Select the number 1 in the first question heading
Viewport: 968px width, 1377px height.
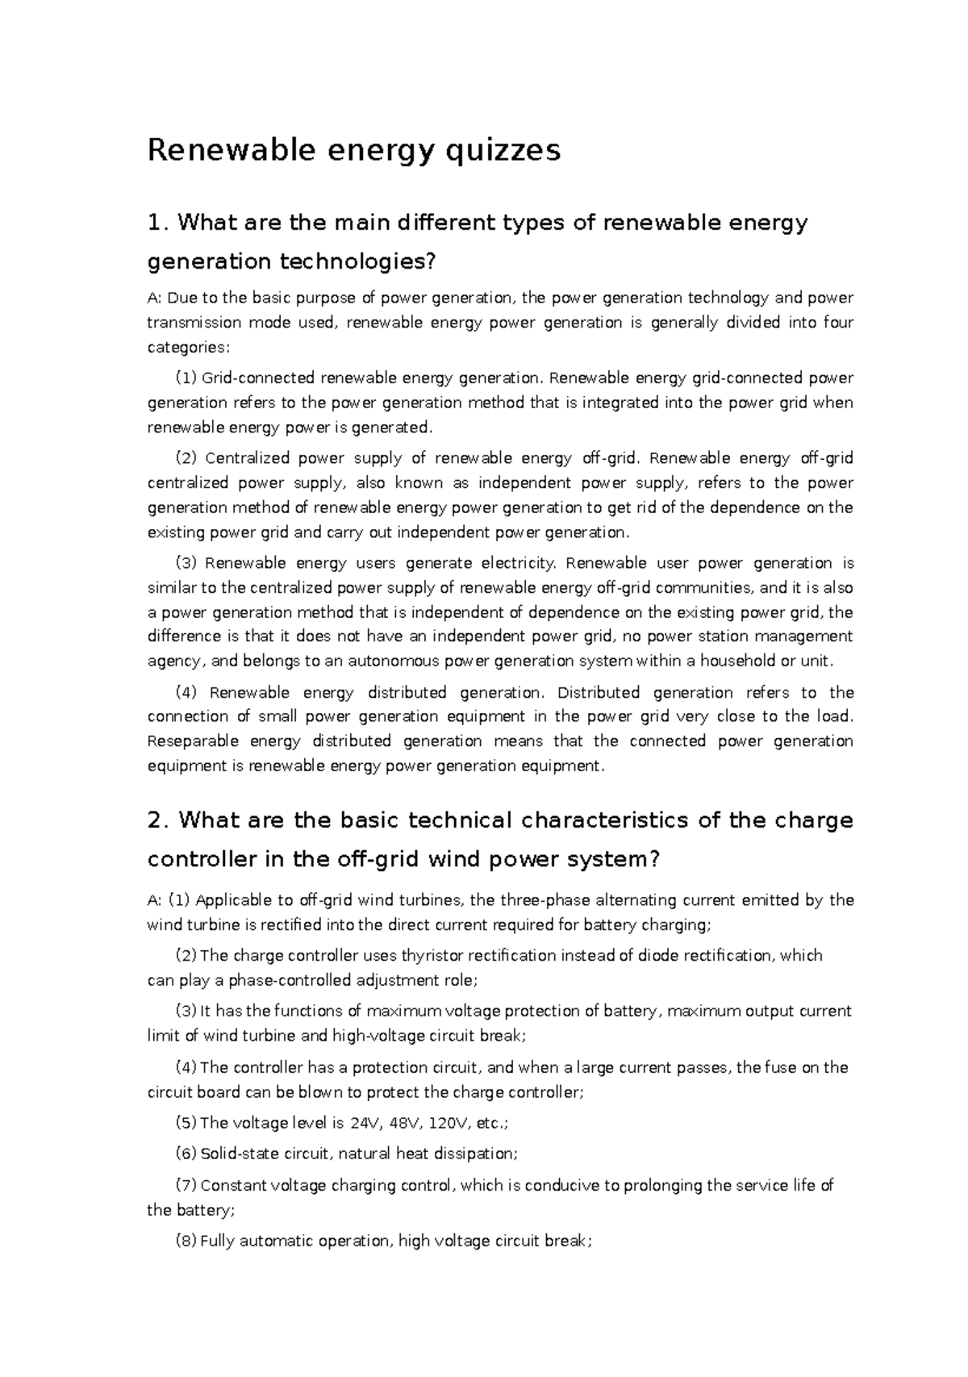155,223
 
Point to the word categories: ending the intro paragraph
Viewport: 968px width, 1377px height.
188,348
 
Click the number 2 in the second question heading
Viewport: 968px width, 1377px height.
156,820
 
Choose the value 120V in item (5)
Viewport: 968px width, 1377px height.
450,1123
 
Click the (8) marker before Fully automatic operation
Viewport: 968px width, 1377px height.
186,1241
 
